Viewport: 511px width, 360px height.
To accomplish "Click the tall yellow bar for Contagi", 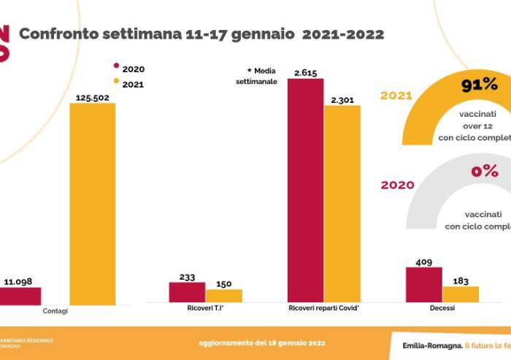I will coord(92,203).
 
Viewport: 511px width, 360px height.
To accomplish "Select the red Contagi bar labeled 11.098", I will coord(20,295).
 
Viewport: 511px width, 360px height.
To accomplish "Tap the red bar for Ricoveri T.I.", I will coord(187,292).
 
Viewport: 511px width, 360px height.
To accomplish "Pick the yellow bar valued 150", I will coord(223,296).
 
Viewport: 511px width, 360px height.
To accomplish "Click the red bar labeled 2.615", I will coord(305,191).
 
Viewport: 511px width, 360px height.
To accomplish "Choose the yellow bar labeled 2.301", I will coord(342,204).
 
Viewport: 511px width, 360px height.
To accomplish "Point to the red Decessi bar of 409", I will coord(423,284).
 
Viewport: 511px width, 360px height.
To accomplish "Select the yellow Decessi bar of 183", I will coord(460,294).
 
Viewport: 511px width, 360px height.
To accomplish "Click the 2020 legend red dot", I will coord(115,69).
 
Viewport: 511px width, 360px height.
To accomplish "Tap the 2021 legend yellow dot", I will coord(115,84).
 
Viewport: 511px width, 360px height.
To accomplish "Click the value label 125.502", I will coord(92,96).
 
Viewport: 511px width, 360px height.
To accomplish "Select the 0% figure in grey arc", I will coord(484,172).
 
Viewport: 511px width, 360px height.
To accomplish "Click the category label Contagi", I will coord(55,311).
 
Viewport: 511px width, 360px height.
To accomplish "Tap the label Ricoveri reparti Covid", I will coord(324,309).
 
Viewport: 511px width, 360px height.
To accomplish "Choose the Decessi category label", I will coord(442,309).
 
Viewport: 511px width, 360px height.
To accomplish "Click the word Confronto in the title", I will coord(61,34).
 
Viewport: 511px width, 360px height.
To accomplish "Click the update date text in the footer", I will coord(261,342).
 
